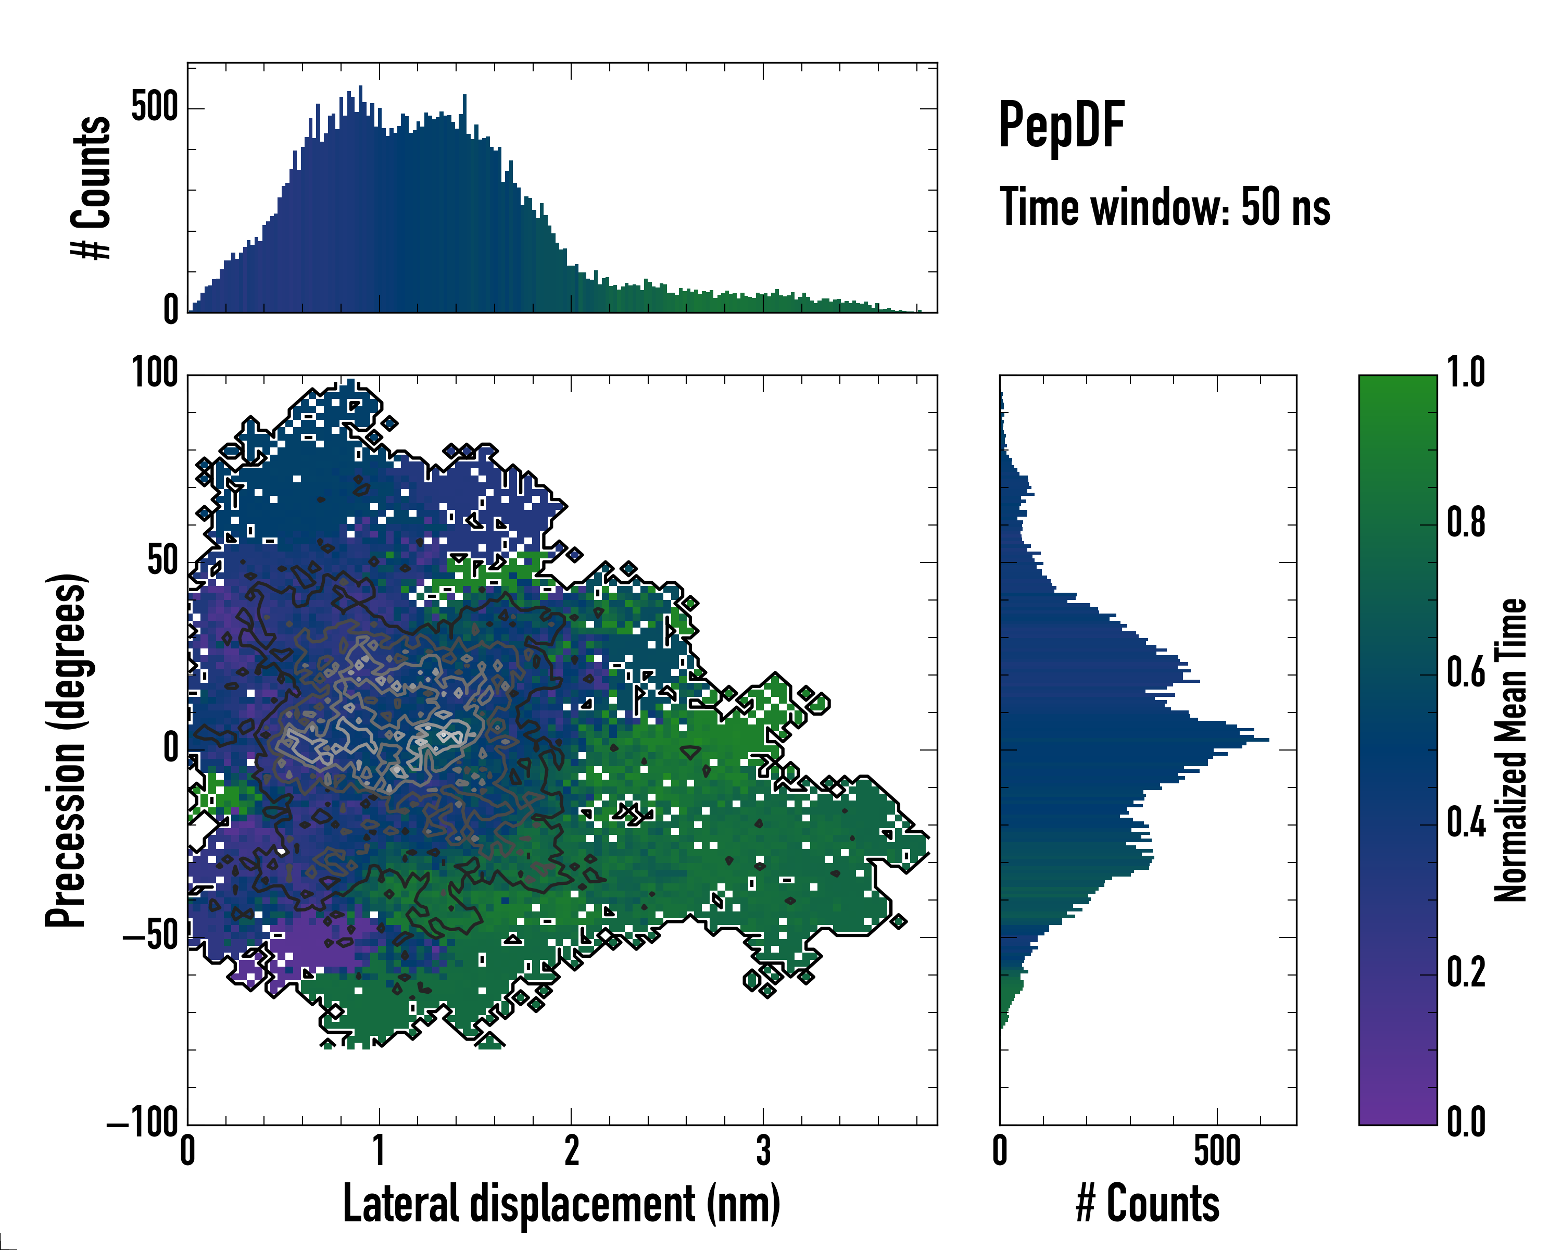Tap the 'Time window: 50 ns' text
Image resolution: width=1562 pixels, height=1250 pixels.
pos(1164,207)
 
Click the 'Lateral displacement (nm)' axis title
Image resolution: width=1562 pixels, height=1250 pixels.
pos(561,1204)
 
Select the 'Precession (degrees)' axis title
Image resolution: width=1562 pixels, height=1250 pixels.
pos(66,750)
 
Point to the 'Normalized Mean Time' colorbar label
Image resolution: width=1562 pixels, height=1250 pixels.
pos(1510,750)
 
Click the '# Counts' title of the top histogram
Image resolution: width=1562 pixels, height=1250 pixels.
pos(91,187)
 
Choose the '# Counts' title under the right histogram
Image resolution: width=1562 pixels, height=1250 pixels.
pos(1148,1204)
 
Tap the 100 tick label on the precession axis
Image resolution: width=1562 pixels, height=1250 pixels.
pos(154,374)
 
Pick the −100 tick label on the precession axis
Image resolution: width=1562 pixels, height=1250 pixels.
pos(143,1123)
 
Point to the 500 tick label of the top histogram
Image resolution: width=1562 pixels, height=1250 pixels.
pos(154,108)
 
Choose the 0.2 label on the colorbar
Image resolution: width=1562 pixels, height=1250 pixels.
pos(1466,972)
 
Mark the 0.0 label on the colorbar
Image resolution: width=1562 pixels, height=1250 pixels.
pos(1466,1122)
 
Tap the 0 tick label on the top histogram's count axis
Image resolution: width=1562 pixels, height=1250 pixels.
pos(171,310)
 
